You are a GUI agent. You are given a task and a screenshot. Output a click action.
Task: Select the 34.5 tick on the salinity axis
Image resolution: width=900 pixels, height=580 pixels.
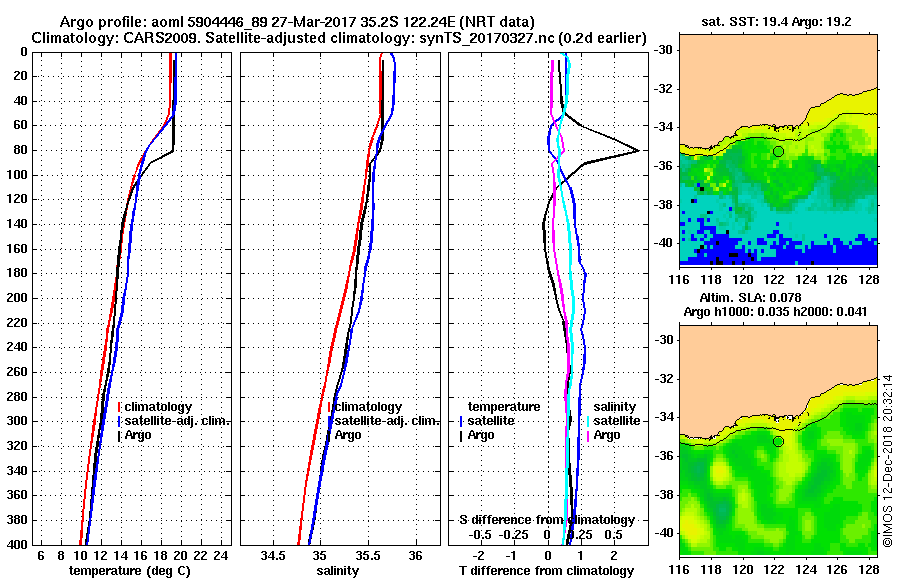click(x=271, y=555)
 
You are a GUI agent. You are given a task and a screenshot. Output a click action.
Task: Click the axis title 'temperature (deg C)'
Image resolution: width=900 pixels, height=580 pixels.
click(x=129, y=570)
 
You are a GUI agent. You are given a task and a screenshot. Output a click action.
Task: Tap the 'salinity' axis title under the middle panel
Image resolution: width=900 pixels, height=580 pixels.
click(x=338, y=570)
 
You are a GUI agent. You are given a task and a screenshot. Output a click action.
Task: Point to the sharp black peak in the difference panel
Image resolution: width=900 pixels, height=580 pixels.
click(x=638, y=151)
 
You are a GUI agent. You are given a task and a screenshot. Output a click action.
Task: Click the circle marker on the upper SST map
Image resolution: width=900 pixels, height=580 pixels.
click(x=778, y=151)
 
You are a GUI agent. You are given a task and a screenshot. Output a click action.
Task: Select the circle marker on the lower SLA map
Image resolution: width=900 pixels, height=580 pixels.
click(x=778, y=441)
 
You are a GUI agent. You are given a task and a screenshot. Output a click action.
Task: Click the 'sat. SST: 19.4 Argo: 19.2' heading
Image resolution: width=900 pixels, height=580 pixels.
click(x=779, y=20)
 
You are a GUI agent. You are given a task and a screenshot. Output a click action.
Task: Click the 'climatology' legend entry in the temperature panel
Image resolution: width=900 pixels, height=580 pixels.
click(x=159, y=407)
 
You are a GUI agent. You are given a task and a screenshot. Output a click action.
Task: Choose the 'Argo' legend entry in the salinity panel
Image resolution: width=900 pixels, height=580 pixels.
click(x=348, y=435)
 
